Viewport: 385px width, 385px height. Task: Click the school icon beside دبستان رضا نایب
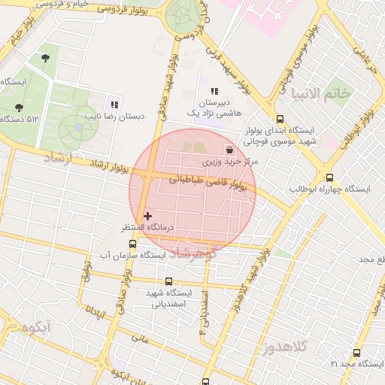pos(114,105)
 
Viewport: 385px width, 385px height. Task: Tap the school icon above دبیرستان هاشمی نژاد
pos(215,91)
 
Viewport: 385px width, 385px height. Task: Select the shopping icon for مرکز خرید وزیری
pos(229,150)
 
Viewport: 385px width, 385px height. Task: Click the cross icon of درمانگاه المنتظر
pos(147,216)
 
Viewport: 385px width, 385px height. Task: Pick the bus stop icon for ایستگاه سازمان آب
pos(133,244)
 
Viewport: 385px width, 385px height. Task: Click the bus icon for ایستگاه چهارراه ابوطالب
pos(329,177)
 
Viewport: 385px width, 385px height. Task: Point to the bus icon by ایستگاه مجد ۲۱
pos(356,352)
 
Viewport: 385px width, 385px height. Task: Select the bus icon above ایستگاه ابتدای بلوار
pos(280,118)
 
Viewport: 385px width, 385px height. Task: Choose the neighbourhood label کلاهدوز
pos(286,347)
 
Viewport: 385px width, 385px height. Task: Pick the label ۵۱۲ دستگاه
pos(21,119)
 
